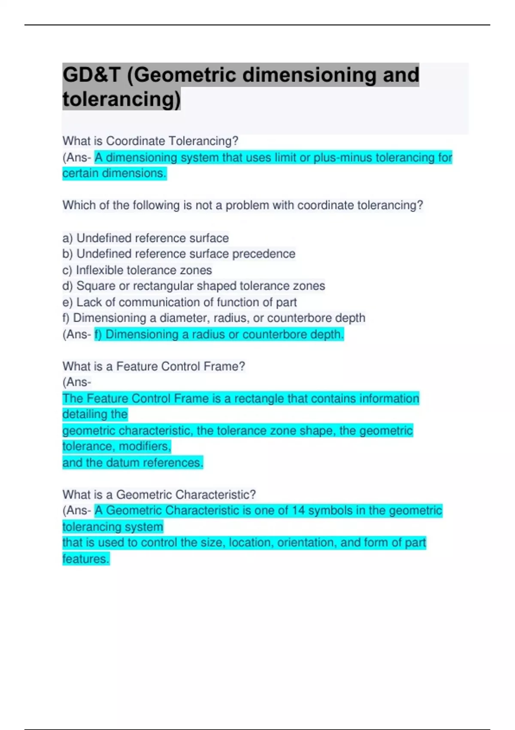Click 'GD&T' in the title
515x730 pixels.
91,75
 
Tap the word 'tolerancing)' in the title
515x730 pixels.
121,99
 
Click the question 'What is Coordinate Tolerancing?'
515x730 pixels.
150,141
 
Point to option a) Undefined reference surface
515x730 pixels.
145,238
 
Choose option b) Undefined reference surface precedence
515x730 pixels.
179,254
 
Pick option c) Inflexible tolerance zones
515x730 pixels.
137,270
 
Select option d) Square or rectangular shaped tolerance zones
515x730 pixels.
194,286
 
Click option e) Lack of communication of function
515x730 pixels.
179,302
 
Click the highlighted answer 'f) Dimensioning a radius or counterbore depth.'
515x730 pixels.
219,335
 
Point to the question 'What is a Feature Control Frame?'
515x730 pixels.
154,366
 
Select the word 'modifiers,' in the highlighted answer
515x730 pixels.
145,447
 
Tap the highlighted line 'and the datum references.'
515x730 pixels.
133,463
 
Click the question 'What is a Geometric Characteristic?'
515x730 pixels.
159,495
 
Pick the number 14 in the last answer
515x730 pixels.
298,511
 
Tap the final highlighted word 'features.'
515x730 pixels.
86,559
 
